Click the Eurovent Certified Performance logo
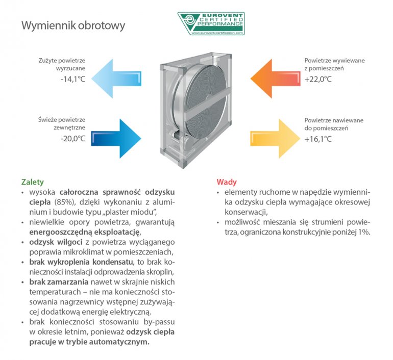pos(211,23)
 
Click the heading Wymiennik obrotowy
pos(73,25)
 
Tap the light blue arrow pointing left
pos(116,79)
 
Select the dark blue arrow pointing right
pos(116,139)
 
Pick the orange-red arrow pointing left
pos(276,79)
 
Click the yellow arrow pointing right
pos(275,139)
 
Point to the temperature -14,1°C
pos(73,80)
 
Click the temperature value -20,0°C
pos(73,139)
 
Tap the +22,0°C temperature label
pos(318,80)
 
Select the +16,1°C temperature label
pos(318,139)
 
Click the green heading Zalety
pos(33,182)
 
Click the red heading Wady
pos(227,182)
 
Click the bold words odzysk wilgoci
pos(56,242)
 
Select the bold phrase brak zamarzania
pos(59,282)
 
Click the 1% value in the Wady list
pos(364,232)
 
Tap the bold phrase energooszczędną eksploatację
pos(85,232)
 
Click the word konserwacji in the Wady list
pos(247,212)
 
